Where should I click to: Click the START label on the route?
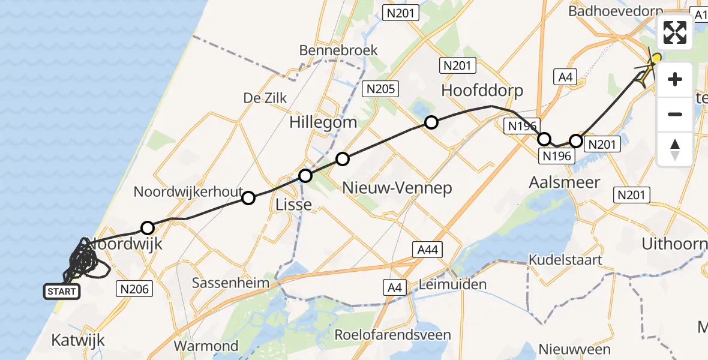pyautogui.click(x=61, y=292)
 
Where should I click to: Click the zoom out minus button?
pyautogui.click(x=675, y=114)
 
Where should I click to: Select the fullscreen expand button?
pyautogui.click(x=675, y=32)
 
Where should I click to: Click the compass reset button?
pyautogui.click(x=675, y=149)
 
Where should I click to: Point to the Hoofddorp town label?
pyautogui.click(x=482, y=91)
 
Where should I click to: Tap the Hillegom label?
pyautogui.click(x=323, y=122)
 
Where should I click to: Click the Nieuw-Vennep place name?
pyautogui.click(x=397, y=188)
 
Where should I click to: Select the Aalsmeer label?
pyautogui.click(x=565, y=182)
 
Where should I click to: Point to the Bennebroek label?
pyautogui.click(x=339, y=50)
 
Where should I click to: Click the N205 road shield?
pyautogui.click(x=381, y=89)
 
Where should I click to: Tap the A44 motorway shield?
pyautogui.click(x=427, y=250)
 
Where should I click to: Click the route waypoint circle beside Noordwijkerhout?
pyautogui.click(x=248, y=197)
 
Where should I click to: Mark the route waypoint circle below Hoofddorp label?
pyautogui.click(x=431, y=123)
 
